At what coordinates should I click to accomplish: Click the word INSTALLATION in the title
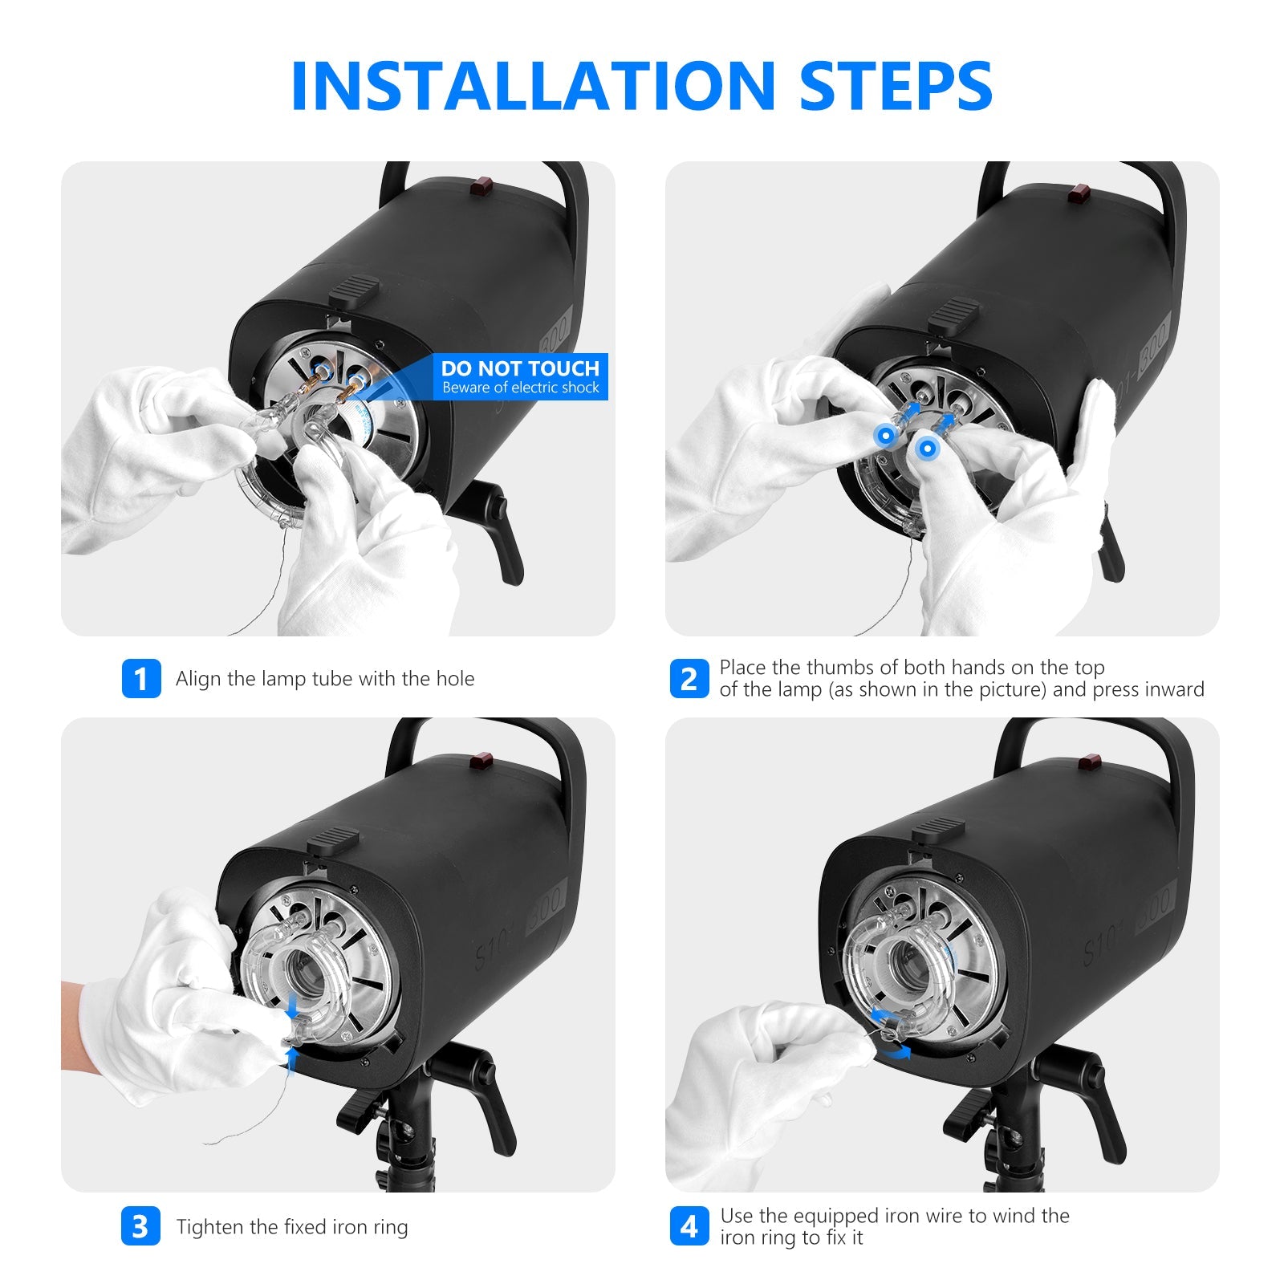[533, 85]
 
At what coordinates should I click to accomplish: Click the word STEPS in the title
[896, 85]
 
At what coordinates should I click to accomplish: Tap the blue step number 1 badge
[141, 679]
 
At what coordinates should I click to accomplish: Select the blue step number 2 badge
[689, 679]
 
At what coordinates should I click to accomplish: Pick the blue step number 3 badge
[141, 1226]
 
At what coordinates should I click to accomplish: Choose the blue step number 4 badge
[689, 1226]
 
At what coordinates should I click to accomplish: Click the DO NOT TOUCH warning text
[520, 368]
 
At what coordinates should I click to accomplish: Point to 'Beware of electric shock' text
[521, 388]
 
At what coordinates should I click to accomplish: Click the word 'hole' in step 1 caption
[455, 679]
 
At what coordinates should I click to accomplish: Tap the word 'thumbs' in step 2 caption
[837, 668]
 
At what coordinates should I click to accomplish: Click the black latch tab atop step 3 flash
[332, 840]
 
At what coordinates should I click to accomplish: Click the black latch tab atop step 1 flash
[353, 289]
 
